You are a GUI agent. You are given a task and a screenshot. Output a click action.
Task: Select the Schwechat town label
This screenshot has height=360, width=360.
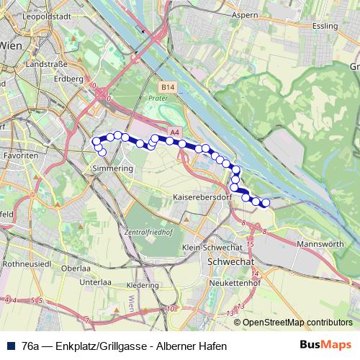click(x=228, y=264)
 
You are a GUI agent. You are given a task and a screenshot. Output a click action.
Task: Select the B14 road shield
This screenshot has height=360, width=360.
click(x=168, y=86)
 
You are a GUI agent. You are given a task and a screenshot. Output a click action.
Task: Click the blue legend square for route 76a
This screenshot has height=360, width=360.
click(x=10, y=346)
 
